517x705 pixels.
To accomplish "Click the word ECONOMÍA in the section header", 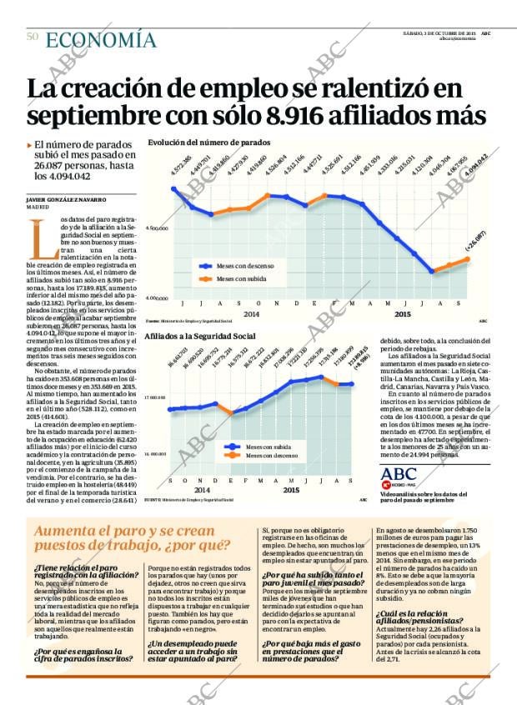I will coord(100,40).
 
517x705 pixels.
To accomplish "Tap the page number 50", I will coord(33,37).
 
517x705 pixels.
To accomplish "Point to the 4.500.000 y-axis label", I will coord(157,227).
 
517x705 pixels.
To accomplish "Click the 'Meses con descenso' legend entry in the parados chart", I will coord(245,265).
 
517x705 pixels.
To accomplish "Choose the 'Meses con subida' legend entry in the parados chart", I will coord(241,279).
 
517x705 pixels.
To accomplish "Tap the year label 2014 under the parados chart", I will coord(228,313).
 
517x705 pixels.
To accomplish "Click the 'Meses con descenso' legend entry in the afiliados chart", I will coord(274,456).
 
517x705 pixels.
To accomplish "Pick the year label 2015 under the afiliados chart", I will coord(291,490).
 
